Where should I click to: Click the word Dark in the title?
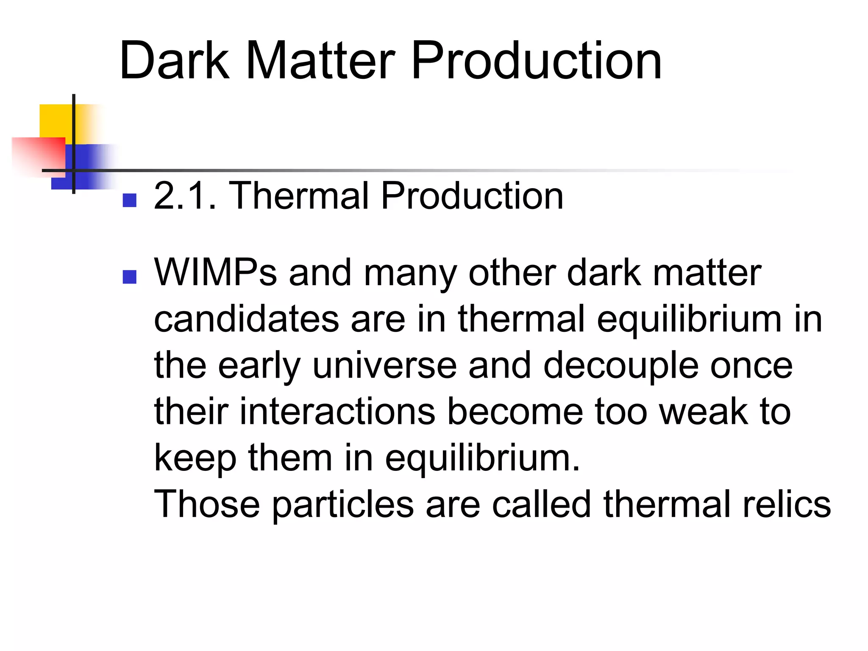174,60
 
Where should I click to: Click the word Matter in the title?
320,60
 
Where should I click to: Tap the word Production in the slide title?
536,60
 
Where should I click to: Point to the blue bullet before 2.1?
129,200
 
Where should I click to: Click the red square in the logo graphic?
40,155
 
